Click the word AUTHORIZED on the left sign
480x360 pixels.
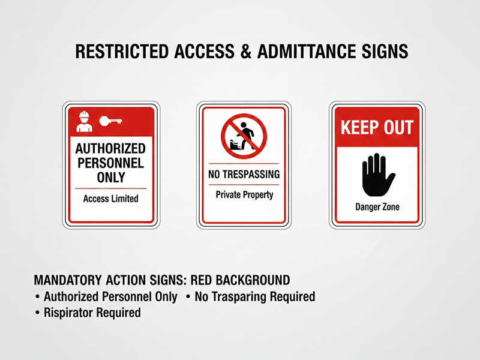pos(110,148)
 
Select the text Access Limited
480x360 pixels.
pos(110,199)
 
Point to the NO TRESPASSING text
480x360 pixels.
pos(244,175)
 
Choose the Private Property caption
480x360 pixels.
pos(244,194)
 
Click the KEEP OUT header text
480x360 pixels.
pos(377,127)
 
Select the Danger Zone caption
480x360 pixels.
pos(377,208)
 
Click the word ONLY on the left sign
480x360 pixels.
pos(110,177)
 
